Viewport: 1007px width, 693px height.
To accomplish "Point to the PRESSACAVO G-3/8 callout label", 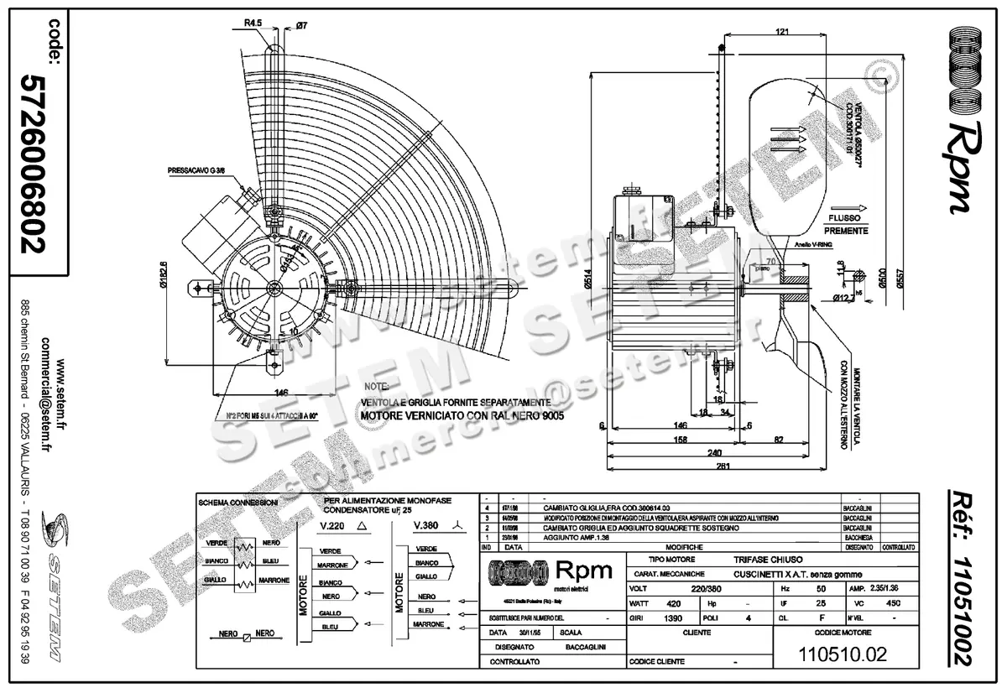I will pyautogui.click(x=196, y=172).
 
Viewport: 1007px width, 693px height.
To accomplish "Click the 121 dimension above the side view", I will pyautogui.click(x=781, y=32).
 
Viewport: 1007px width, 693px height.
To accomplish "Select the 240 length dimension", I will pyautogui.click(x=715, y=452).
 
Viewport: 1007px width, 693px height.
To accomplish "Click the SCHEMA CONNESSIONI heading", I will pyautogui.click(x=237, y=502).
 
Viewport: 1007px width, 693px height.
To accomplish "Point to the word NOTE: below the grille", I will pyautogui.click(x=374, y=388).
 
